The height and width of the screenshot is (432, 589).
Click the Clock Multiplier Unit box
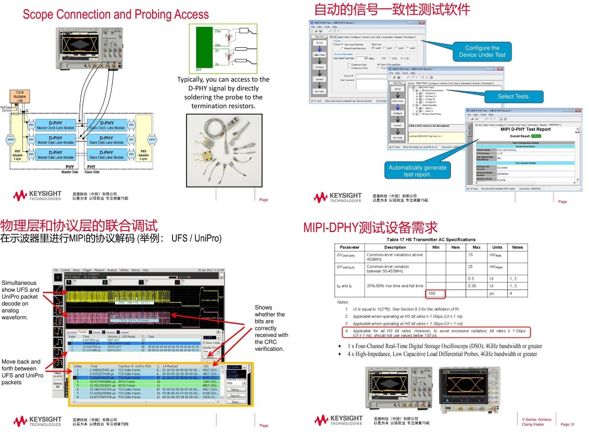[x=19, y=97]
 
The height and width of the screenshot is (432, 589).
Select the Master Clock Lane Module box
[x=55, y=125]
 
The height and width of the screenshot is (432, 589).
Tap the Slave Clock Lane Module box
[x=106, y=125]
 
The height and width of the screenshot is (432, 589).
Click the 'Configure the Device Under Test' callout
[x=482, y=51]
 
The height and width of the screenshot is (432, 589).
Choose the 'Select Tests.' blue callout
[x=513, y=97]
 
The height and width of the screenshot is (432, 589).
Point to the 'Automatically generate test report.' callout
[x=417, y=171]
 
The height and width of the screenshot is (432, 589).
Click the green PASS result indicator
[x=536, y=136]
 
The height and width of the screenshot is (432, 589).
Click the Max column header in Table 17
[x=476, y=247]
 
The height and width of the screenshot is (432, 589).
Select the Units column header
[x=497, y=247]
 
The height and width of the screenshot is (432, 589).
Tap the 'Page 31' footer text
[x=567, y=424]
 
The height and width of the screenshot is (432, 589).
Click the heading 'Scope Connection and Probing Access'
[x=116, y=14]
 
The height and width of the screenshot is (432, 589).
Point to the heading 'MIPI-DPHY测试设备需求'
[x=371, y=227]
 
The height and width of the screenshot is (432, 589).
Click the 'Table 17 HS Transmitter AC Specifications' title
[x=431, y=239]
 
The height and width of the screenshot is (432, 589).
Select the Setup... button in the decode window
[x=236, y=390]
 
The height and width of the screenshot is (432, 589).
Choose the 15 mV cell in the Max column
[x=470, y=255]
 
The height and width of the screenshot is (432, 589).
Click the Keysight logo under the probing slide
[x=37, y=195]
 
